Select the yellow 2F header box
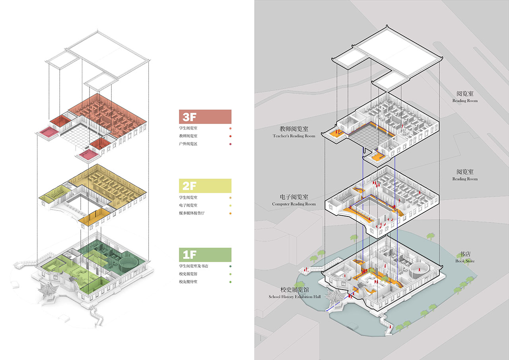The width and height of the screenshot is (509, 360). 205,185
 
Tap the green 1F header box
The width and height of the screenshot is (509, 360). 205,254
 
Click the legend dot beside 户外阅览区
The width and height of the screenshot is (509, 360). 230,144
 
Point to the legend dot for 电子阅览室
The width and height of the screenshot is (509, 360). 230,205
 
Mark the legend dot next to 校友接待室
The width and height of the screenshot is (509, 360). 230,282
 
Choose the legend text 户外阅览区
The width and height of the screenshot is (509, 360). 188,144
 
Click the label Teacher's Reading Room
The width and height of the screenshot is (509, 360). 294,136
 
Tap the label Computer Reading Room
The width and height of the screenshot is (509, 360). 294,204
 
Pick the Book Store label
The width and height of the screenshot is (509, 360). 464,261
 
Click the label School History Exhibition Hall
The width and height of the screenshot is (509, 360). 294,297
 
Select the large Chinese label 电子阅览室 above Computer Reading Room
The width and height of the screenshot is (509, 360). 294,197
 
